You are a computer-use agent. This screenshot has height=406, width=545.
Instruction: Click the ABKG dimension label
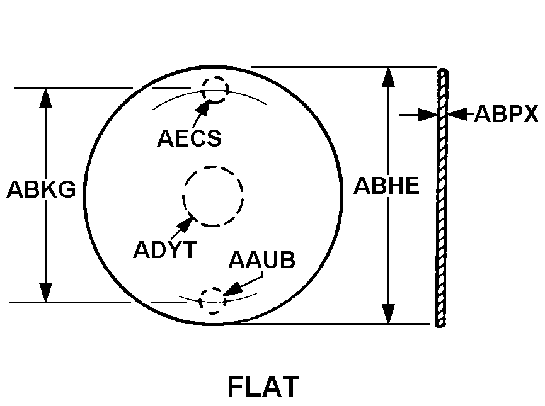pos(41,189)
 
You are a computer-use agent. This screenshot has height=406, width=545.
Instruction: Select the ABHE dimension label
pos(386,186)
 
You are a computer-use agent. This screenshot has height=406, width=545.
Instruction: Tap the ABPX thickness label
pos(506,114)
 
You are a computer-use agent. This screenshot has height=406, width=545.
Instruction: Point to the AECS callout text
pos(189,138)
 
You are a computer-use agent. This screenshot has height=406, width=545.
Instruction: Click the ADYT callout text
pos(164,249)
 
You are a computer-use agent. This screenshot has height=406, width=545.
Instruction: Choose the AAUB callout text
pos(261,260)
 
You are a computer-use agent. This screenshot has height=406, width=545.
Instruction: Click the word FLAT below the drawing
pos(263,386)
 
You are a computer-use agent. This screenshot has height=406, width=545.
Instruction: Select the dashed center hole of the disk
pos(213,196)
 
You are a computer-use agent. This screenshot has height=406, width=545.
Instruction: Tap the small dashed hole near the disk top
pos(215,89)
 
